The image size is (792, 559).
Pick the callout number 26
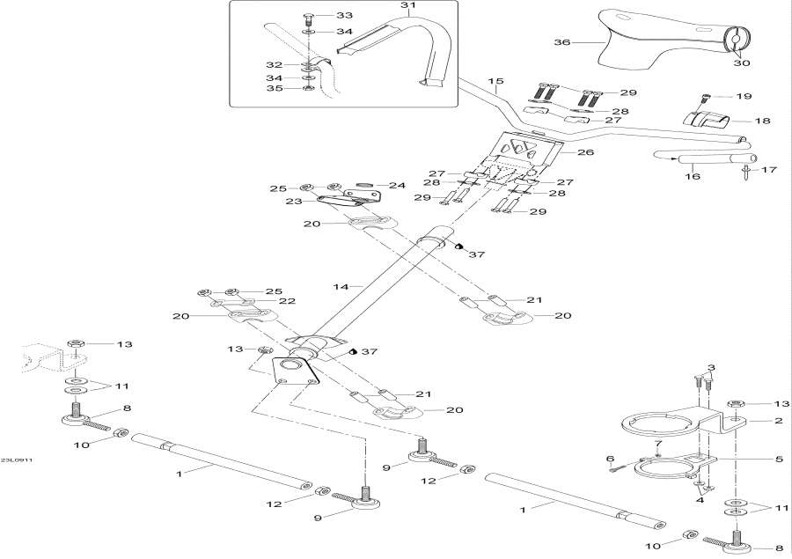pyautogui.click(x=585, y=152)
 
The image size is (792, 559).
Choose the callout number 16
pyautogui.click(x=692, y=177)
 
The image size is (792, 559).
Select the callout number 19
pyautogui.click(x=744, y=96)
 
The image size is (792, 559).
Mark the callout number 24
pyautogui.click(x=397, y=186)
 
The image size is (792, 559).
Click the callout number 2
pyautogui.click(x=778, y=421)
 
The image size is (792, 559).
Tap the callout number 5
pyautogui.click(x=778, y=459)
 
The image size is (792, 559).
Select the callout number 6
pyautogui.click(x=610, y=459)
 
